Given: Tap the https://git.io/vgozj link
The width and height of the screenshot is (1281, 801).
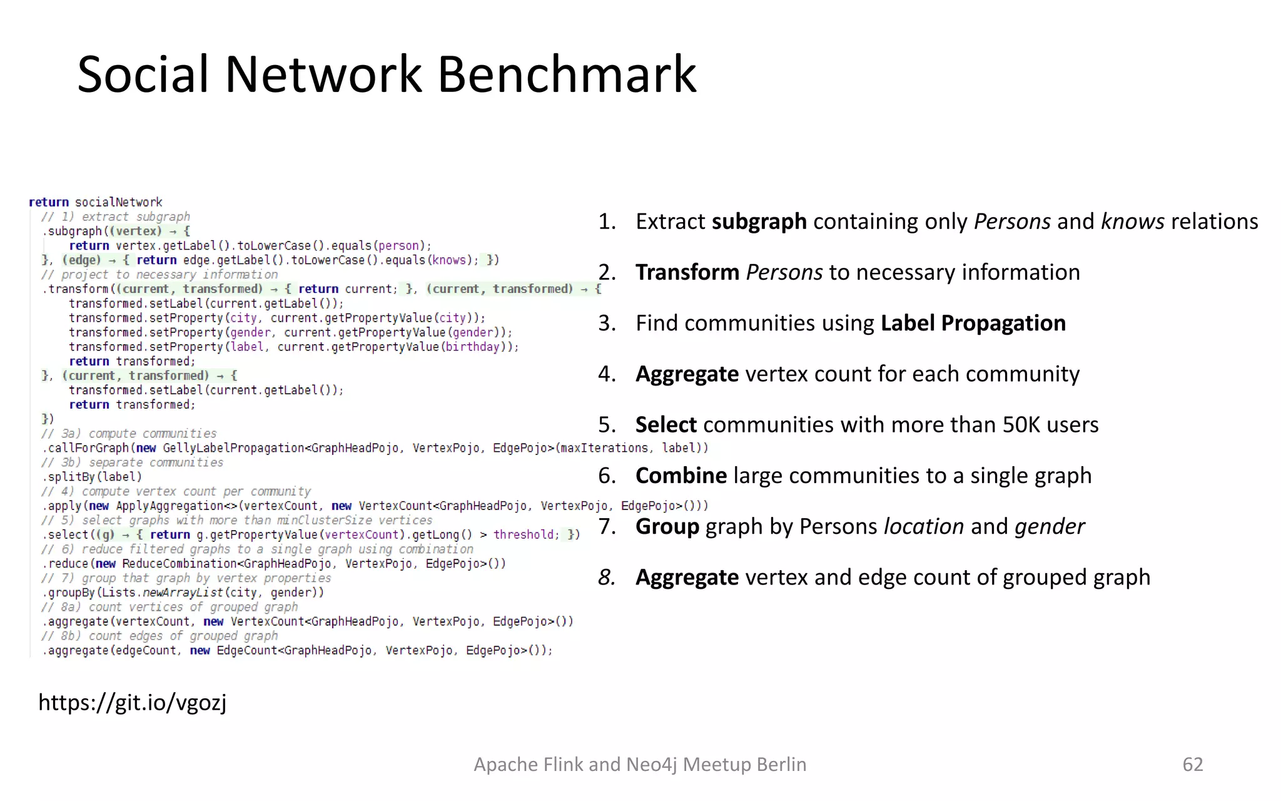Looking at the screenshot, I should point(133,702).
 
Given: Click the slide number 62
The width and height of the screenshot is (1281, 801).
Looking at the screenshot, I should point(1192,764).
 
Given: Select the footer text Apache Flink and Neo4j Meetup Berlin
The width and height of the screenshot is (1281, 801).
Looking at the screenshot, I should point(640,764).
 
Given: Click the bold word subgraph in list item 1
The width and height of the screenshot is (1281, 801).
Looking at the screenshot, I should point(759,222).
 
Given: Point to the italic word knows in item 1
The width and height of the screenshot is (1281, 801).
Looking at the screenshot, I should point(1132,222).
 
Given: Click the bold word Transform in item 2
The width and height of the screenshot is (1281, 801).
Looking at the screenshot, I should point(687,272).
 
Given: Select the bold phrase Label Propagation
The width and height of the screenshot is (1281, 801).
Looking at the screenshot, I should point(973,323).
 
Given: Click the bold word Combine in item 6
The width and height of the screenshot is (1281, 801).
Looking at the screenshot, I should point(681,476).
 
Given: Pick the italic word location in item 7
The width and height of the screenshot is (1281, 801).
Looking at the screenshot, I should point(923,526).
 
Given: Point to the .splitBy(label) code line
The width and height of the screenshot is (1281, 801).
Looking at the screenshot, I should point(93,477).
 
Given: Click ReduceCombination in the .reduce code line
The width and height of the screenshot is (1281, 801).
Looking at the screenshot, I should point(179,564).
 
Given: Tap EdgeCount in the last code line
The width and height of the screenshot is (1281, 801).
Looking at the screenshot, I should point(246,651).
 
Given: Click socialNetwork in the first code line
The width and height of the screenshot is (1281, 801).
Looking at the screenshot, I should point(118,202).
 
